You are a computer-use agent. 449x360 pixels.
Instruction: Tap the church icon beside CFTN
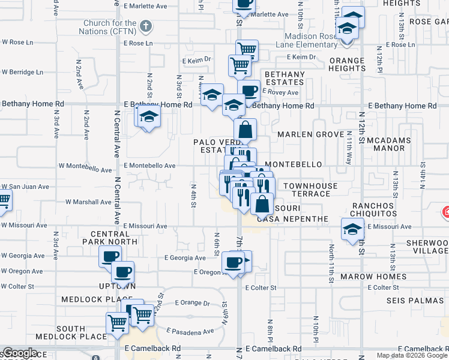tap(145, 26)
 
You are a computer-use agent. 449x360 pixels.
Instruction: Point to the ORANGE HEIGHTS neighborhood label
tap(346, 64)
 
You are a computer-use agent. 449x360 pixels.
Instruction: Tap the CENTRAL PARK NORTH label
tap(114, 237)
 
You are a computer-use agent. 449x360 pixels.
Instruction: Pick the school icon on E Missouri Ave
tap(352, 229)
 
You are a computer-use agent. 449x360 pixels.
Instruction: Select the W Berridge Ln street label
tap(22, 72)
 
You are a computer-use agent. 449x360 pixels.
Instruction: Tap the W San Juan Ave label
tap(25, 187)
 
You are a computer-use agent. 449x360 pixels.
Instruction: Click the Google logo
tap(20, 353)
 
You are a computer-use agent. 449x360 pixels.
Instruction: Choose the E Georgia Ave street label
tap(184, 258)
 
